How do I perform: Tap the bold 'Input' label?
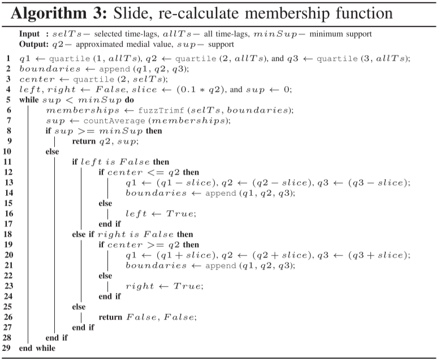pyautogui.click(x=29, y=35)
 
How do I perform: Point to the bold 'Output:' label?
pyautogui.click(x=34, y=44)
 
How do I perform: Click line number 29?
pyautogui.click(x=6, y=348)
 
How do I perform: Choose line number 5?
pyautogui.click(x=8, y=100)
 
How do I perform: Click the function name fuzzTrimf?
pyautogui.click(x=161, y=110)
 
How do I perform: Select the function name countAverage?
pyautogui.click(x=114, y=121)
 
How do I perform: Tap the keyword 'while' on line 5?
pyautogui.click(x=29, y=100)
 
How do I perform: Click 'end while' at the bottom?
pyautogui.click(x=37, y=348)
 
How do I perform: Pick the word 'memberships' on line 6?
pyautogui.click(x=83, y=110)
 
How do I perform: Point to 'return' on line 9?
pyautogui.click(x=84, y=142)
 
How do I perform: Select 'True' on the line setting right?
pyautogui.click(x=187, y=286)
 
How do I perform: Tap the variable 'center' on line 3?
pyautogui.click(x=37, y=79)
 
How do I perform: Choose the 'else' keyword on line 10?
pyautogui.click(x=52, y=152)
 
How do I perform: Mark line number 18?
pyautogui.click(x=8, y=234)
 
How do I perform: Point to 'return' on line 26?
pyautogui.click(x=110, y=318)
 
